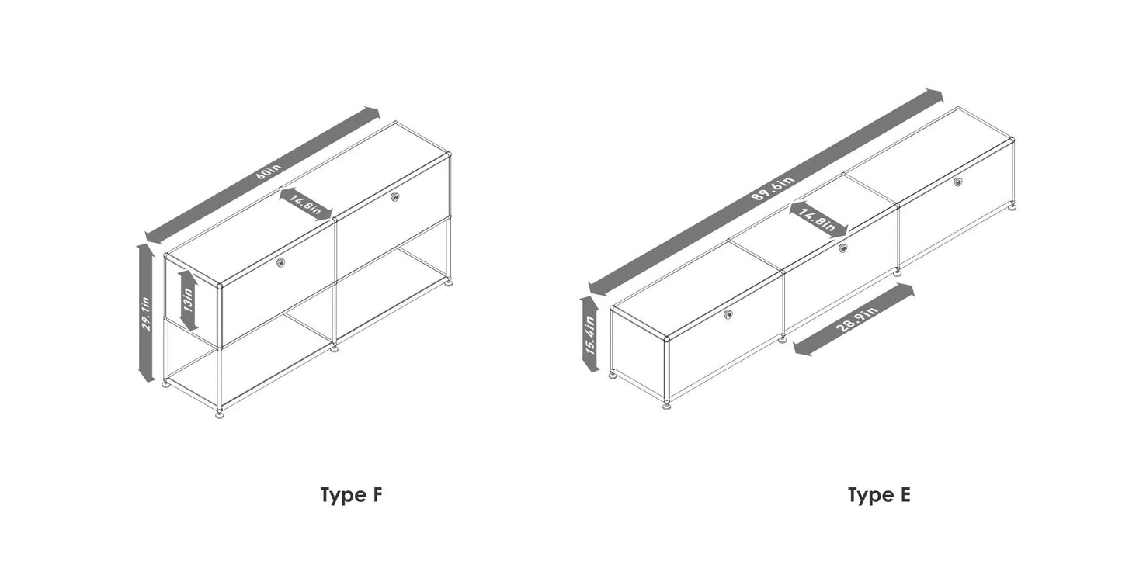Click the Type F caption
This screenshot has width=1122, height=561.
tap(352, 495)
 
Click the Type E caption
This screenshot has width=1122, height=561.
tap(878, 495)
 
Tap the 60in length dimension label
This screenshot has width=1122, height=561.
tap(267, 172)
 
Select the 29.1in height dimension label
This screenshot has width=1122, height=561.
tap(146, 313)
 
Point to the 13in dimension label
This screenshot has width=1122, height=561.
tap(187, 300)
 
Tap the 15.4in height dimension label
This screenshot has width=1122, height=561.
tap(590, 334)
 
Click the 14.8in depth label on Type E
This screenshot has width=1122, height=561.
tap(818, 218)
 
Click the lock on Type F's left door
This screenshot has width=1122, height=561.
tap(281, 264)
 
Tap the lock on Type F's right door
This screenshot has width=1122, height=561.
tap(395, 197)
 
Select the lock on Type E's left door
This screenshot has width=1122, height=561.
tap(728, 314)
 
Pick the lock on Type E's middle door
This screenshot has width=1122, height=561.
tap(843, 248)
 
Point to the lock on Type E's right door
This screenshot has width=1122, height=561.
tap(958, 182)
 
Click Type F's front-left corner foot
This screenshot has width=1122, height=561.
tap(221, 414)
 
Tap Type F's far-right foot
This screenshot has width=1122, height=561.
tap(449, 282)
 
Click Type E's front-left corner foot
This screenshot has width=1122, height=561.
tap(667, 405)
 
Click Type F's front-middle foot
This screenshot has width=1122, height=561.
tap(335, 348)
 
